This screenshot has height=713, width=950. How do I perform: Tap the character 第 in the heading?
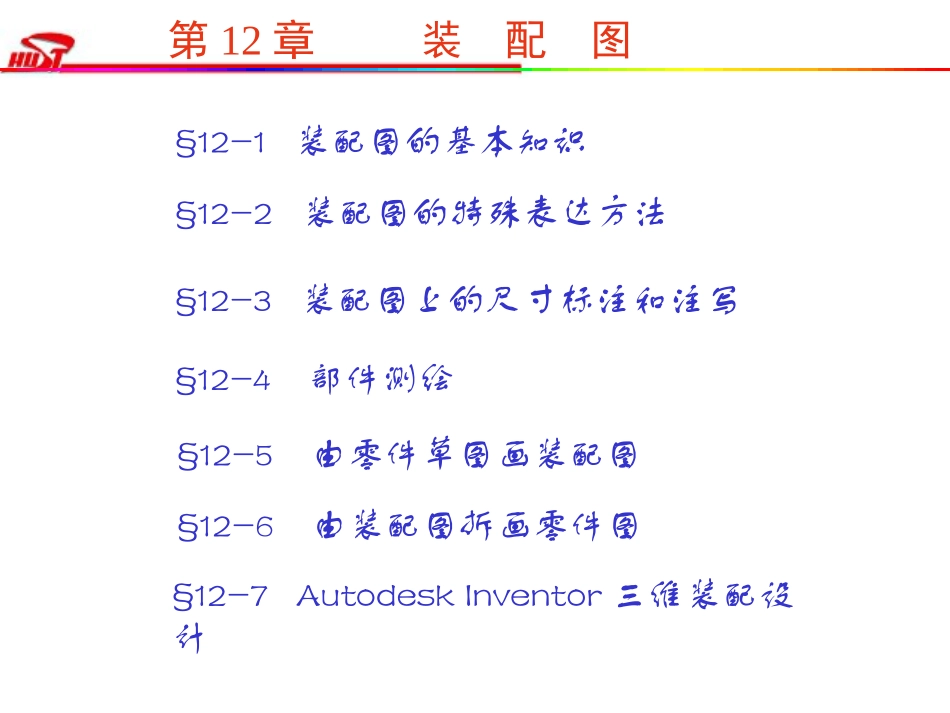(x=189, y=42)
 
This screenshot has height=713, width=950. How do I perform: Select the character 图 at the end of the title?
(x=611, y=42)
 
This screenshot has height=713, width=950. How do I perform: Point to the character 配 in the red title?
(x=526, y=42)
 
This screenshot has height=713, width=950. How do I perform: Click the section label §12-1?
(x=221, y=143)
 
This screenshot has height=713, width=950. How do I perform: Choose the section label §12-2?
(x=223, y=215)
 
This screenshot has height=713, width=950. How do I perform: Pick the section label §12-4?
(x=223, y=380)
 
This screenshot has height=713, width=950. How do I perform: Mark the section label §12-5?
(x=225, y=457)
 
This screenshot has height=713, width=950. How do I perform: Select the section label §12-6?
(x=225, y=527)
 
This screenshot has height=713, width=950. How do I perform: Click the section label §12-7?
(x=221, y=597)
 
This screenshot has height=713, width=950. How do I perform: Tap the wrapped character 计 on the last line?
(x=188, y=640)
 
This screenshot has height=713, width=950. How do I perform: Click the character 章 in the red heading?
(x=292, y=42)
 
